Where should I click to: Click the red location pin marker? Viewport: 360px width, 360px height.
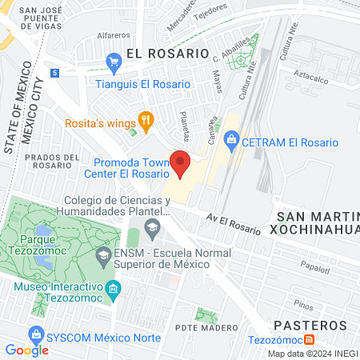click(180, 163)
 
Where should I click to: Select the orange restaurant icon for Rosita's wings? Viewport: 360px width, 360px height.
click(146, 121)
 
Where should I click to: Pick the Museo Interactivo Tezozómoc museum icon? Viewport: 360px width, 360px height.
click(113, 286)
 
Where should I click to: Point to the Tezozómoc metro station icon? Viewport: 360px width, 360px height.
click(298, 340)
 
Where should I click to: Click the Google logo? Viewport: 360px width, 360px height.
click(26, 350)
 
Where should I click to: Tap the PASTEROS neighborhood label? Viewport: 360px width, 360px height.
click(310, 326)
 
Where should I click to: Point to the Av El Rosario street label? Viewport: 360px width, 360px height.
click(233, 223)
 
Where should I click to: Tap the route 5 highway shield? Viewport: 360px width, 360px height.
click(54, 73)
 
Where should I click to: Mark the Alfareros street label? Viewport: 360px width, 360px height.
click(113, 36)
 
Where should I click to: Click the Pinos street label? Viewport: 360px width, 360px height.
click(302, 304)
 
